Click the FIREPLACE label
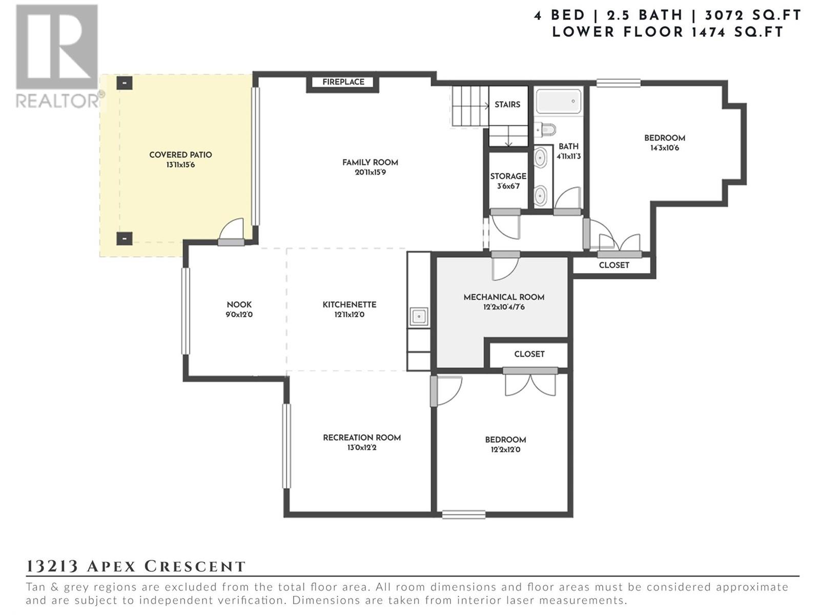[x=343, y=82]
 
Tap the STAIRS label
[x=507, y=105]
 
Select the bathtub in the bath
[x=559, y=101]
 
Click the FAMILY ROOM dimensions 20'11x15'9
[x=370, y=173]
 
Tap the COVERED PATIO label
[x=180, y=155]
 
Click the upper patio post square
[x=125, y=83]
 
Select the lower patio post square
[x=125, y=238]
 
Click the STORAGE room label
[x=508, y=176]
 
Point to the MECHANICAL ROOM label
[x=504, y=297]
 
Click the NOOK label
[x=239, y=305]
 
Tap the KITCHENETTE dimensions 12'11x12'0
[x=350, y=315]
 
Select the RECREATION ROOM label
[x=362, y=438]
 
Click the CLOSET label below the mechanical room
[x=529, y=354]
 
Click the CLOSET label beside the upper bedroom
[x=614, y=265]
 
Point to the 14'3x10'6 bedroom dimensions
[x=665, y=148]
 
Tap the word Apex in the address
[x=111, y=566]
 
